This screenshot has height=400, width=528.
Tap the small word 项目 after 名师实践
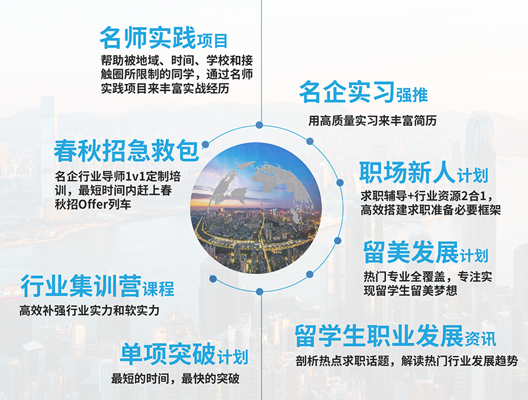pos(213,40)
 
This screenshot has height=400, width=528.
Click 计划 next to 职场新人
pos(472,176)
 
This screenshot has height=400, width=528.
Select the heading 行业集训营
pos(80,286)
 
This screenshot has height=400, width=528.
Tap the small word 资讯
pos(480,340)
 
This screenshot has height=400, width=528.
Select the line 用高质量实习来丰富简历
pos(372,121)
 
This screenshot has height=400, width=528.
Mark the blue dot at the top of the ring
pos(260,125)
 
